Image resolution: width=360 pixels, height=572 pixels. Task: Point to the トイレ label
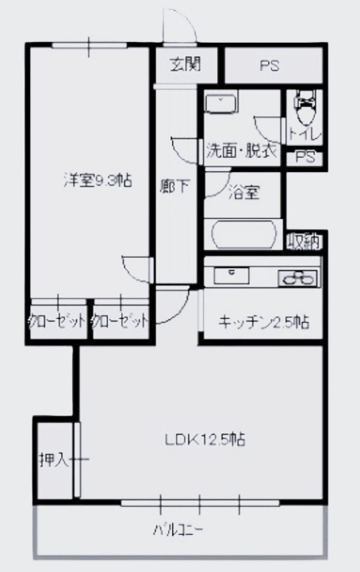[x=304, y=134]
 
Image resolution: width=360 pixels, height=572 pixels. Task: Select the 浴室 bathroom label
[x=241, y=192]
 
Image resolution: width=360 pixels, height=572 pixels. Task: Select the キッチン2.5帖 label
[x=263, y=322]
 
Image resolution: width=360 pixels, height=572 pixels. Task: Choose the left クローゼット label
[x=56, y=322]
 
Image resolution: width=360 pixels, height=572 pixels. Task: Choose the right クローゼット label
[x=120, y=322]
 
